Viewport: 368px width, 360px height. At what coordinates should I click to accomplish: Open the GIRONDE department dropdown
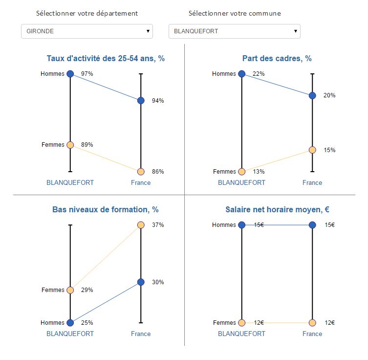tap(87, 31)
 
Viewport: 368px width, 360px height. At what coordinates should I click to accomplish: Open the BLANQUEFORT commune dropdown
tap(235, 31)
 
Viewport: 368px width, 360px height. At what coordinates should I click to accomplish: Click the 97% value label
tap(87, 74)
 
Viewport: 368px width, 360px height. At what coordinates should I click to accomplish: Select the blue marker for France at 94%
tap(141, 101)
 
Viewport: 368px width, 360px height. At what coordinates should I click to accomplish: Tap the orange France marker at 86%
tap(141, 172)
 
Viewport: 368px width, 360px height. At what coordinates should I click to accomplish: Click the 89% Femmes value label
tap(87, 145)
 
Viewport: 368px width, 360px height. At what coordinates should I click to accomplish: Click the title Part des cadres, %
tap(277, 59)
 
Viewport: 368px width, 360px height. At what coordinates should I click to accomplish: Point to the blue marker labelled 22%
tap(241, 74)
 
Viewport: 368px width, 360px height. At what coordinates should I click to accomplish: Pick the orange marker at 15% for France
tap(312, 150)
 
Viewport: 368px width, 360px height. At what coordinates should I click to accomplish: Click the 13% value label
tap(259, 172)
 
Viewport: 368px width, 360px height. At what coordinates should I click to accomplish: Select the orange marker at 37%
tap(141, 225)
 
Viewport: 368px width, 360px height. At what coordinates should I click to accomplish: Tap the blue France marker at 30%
tap(141, 282)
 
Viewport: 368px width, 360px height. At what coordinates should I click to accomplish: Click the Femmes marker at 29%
tap(70, 290)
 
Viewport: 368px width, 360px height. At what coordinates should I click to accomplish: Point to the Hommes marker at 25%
tap(70, 323)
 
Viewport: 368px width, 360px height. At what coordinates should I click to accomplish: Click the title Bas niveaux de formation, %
tap(106, 210)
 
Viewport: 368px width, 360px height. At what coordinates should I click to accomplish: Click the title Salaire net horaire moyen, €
tap(277, 210)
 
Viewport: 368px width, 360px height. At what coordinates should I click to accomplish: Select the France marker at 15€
tap(312, 225)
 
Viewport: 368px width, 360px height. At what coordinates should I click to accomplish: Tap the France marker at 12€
tap(312, 323)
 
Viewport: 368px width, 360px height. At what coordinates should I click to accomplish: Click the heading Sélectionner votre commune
tap(235, 13)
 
